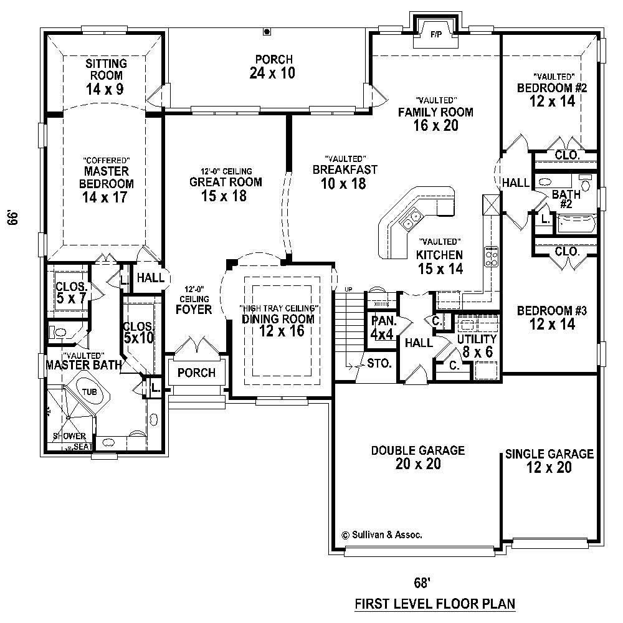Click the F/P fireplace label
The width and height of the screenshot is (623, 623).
(x=435, y=35)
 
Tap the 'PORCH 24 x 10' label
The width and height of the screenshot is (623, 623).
(x=273, y=66)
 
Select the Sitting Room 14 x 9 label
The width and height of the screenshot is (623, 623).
(x=106, y=76)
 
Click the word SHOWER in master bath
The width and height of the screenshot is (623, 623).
(x=69, y=435)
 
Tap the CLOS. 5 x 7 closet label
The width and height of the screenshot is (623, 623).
(x=70, y=293)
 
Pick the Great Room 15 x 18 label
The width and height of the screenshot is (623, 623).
(x=226, y=188)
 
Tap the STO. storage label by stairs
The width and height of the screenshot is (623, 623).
(x=379, y=363)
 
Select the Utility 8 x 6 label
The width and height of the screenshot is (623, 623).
(x=477, y=345)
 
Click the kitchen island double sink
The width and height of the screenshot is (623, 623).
(x=411, y=219)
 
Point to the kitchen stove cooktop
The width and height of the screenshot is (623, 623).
(x=492, y=256)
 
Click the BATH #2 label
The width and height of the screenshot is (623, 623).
(x=566, y=199)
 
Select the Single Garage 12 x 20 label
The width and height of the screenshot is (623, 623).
(x=549, y=460)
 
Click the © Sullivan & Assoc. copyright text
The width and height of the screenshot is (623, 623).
(x=383, y=535)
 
